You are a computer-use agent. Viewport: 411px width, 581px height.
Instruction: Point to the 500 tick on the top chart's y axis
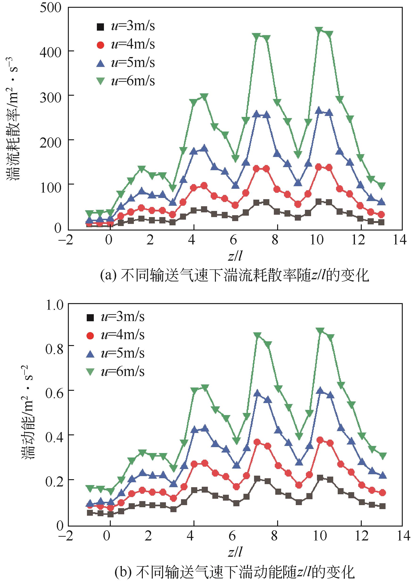(51, 8)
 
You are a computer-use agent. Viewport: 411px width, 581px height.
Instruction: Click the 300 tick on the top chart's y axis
(51, 97)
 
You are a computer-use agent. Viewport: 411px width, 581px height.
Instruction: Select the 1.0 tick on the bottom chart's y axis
(54, 305)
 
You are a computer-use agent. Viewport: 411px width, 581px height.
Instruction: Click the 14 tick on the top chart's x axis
(400, 239)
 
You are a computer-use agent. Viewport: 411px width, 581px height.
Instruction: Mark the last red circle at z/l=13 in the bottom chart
(382, 493)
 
